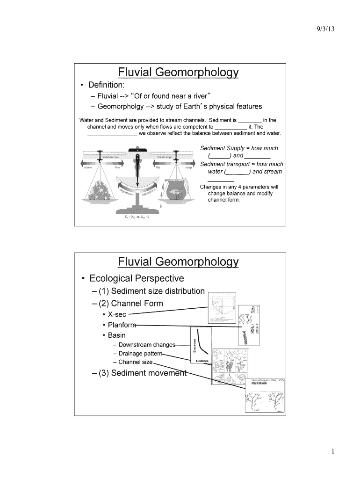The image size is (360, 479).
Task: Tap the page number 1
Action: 332,451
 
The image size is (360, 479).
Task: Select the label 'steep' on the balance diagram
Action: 189,167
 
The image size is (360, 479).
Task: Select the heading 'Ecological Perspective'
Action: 137,278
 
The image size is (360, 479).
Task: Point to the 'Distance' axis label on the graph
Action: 202,361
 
